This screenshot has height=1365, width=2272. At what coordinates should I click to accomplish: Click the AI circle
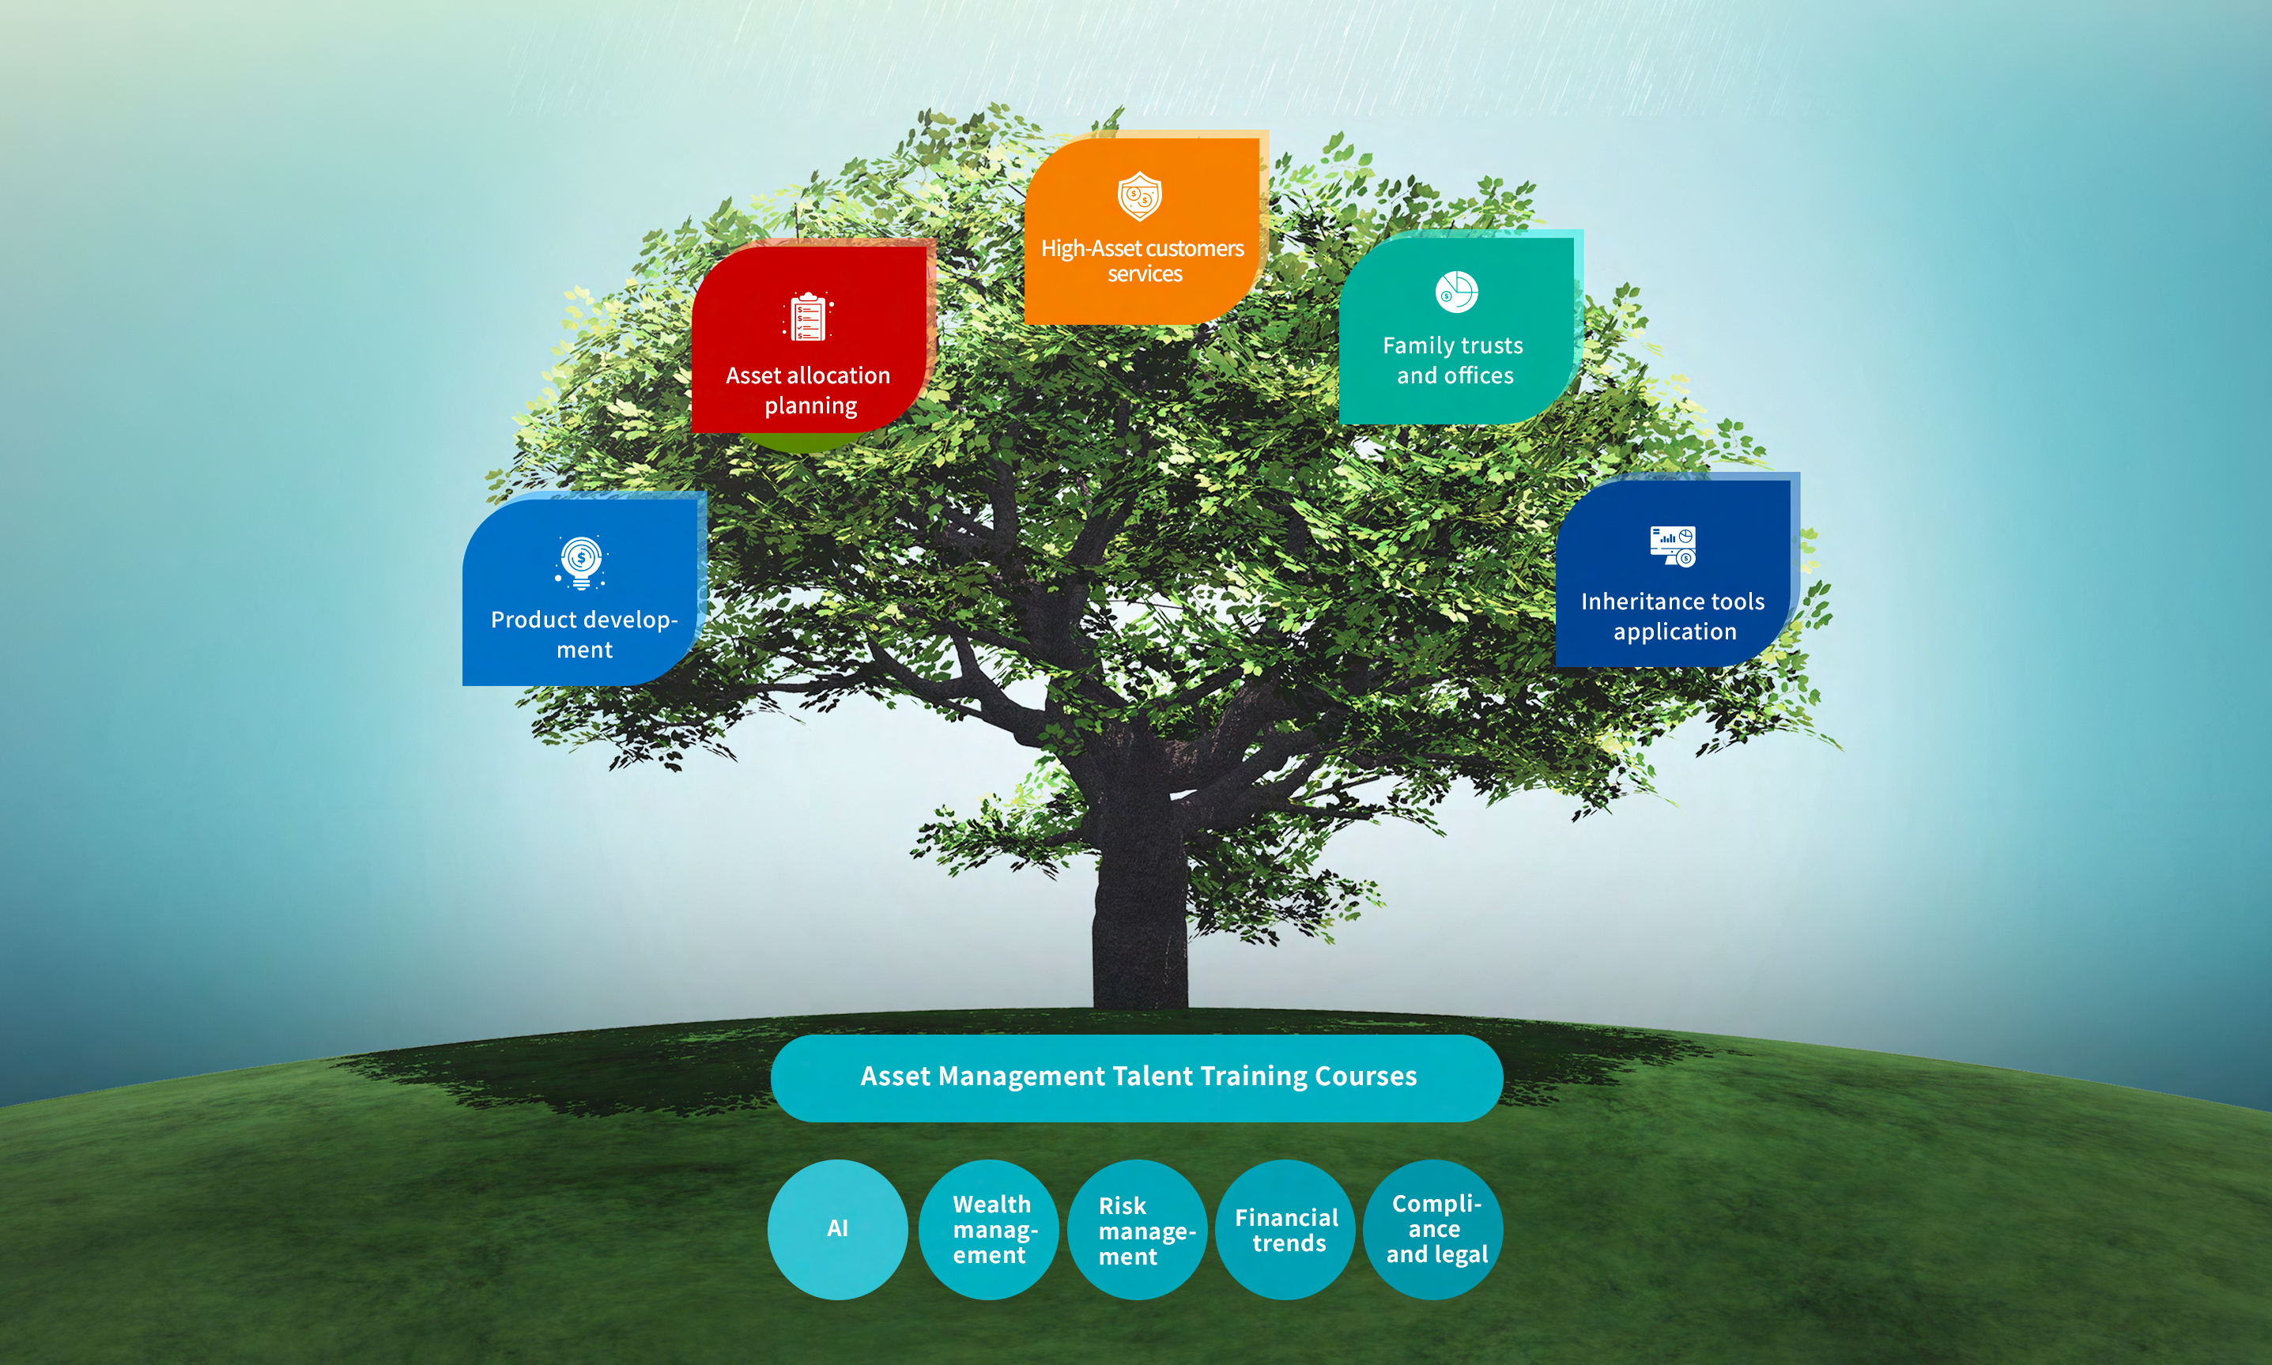click(x=837, y=1229)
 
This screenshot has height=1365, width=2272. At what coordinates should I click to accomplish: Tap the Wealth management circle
click(x=990, y=1229)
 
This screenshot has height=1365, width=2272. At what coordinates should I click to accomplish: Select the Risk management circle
click(x=1138, y=1230)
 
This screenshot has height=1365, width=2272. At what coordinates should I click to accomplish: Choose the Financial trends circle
click(x=1286, y=1230)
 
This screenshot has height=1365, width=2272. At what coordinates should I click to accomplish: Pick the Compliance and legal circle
click(x=1434, y=1229)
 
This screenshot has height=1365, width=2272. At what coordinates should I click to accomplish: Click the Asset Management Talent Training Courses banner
click(x=1137, y=1077)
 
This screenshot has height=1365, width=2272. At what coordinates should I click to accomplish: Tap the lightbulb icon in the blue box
click(x=580, y=562)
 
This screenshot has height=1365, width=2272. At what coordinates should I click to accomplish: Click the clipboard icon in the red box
click(x=809, y=316)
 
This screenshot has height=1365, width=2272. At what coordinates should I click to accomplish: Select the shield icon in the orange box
click(x=1140, y=196)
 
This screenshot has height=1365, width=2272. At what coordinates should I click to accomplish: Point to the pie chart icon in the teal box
click(x=1456, y=292)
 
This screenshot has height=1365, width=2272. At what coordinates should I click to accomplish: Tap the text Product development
click(x=584, y=635)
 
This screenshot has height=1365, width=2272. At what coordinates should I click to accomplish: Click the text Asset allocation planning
click(x=809, y=390)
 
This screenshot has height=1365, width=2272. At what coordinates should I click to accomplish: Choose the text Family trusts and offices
click(x=1453, y=360)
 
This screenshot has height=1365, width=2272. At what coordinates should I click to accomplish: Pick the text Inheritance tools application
click(x=1674, y=617)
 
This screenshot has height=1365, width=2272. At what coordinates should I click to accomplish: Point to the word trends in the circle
click(x=1289, y=1243)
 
